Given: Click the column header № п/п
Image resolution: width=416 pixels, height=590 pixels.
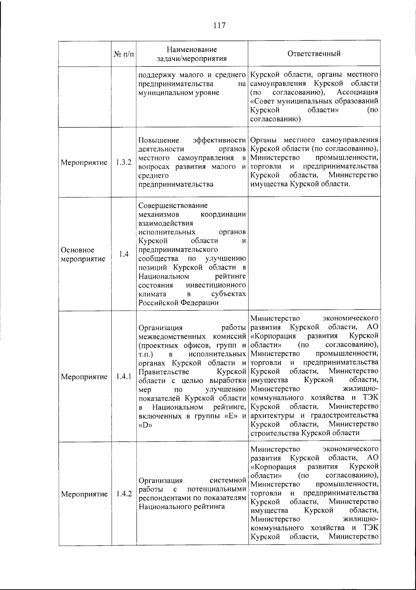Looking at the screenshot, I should (x=123, y=54).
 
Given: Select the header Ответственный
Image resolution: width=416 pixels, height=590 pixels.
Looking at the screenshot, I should (x=314, y=53).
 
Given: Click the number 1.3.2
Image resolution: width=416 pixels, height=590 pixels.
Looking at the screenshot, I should (x=124, y=162).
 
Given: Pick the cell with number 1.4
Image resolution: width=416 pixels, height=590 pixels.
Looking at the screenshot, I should (x=124, y=254).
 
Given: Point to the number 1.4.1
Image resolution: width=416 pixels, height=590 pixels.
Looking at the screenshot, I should (x=124, y=376).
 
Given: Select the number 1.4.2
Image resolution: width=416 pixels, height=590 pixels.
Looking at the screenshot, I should (x=124, y=494).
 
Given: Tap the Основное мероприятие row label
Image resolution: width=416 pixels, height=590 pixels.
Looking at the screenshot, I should (x=83, y=254).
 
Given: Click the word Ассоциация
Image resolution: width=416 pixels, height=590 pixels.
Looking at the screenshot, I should (x=357, y=93).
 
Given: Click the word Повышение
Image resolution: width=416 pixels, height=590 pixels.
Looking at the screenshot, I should (x=158, y=140).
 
